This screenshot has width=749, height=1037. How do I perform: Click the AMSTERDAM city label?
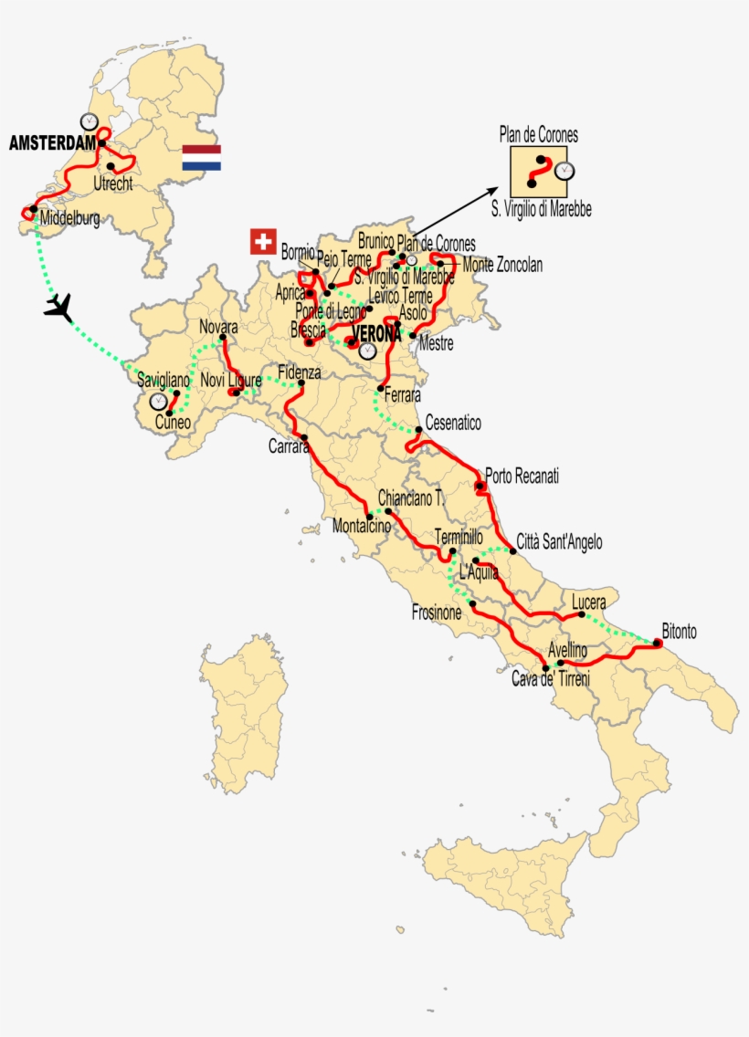[52, 143]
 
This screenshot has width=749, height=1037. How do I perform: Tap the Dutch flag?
[201, 158]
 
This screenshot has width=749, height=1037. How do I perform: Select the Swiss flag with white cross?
[263, 242]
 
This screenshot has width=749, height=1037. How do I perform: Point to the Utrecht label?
[112, 183]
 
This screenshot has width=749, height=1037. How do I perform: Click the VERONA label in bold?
[376, 334]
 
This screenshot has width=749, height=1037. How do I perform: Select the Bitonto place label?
[679, 631]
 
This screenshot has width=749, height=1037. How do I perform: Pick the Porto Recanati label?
[522, 476]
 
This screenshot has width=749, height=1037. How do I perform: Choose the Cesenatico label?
[453, 424]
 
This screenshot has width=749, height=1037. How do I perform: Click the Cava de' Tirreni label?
[552, 680]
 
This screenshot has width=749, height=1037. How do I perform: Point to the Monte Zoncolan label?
[501, 266]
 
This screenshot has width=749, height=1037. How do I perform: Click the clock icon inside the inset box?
[565, 171]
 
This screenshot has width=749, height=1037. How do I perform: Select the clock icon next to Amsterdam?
[89, 121]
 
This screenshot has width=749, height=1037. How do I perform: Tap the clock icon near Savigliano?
[159, 401]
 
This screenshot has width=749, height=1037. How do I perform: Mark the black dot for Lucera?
[582, 615]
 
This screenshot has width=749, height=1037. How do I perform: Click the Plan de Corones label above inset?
[538, 135]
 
